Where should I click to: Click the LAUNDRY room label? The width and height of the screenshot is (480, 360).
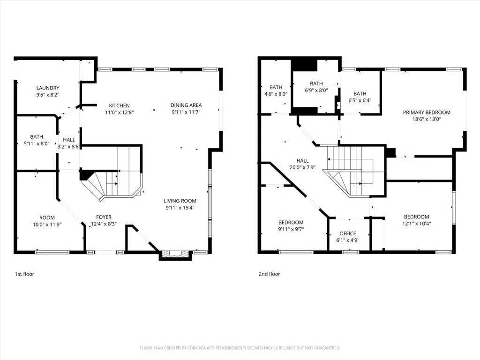coord(48,88)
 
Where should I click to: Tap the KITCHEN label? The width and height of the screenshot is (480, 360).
coord(120,105)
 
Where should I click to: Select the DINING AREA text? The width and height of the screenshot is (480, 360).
coord(186,105)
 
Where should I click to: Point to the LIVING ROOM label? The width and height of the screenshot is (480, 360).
coord(180,201)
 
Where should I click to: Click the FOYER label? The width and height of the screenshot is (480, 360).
coord(104,217)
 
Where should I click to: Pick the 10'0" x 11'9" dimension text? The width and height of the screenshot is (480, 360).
coord(47,225)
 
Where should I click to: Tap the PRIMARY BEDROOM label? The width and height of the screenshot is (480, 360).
coord(427,112)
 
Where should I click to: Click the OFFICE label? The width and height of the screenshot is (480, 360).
coord(348,233)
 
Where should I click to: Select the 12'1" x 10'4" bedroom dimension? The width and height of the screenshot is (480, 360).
coord(417,224)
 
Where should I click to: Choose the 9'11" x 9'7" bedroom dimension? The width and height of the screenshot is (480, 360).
coord(291,229)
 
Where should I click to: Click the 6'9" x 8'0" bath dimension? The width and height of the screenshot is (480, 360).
coord(316,90)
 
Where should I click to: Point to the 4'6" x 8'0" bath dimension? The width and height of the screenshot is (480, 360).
coord(276,94)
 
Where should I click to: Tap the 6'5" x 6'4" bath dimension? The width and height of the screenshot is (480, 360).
coord(360,100)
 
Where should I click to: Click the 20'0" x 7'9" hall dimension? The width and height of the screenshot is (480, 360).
coord(302,167)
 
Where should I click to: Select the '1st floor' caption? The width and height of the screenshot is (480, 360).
coord(24,274)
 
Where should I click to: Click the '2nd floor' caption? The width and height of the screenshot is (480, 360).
coord(270,274)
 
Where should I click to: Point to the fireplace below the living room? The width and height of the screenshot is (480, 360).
coord(175,255)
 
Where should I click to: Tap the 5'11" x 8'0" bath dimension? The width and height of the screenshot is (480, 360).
coord(37,143)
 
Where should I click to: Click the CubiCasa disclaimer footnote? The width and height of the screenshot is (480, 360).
coord(240,348)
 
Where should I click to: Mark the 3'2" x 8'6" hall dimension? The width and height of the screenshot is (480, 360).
coord(69,147)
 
